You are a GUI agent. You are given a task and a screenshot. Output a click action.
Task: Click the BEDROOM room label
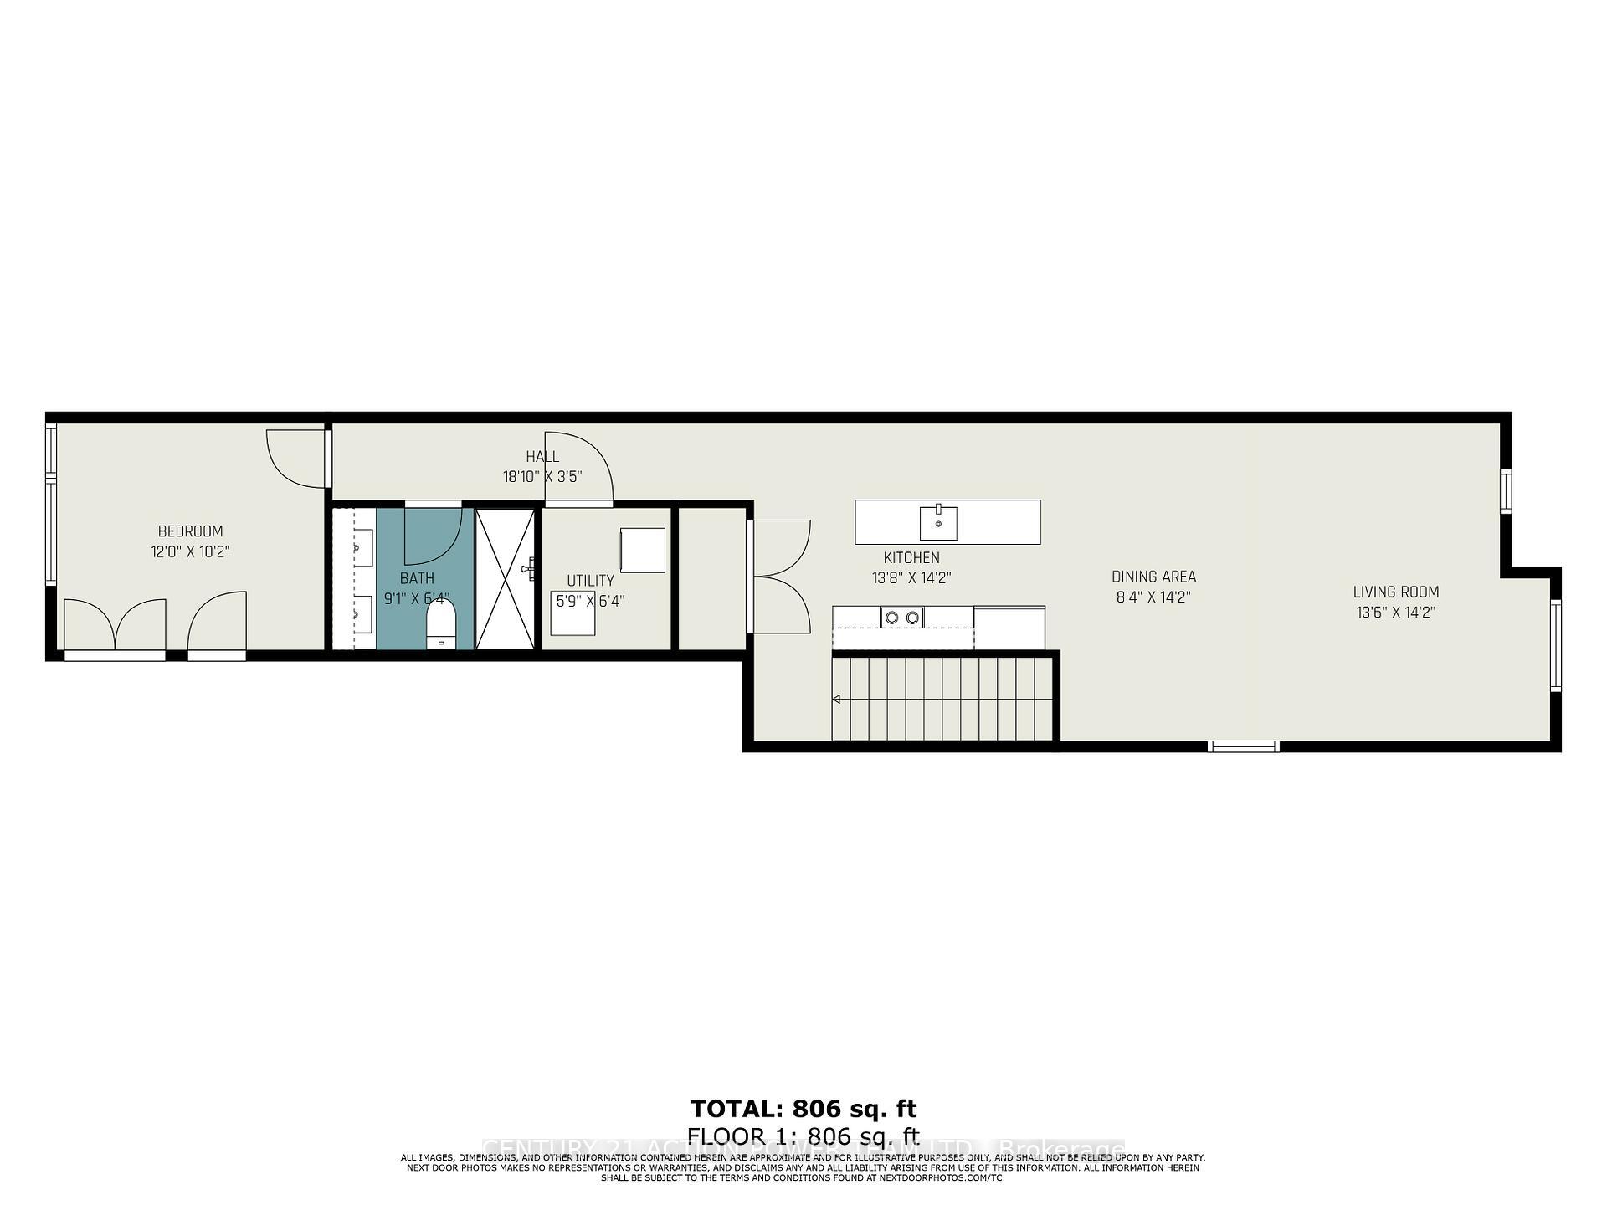coord(190,531)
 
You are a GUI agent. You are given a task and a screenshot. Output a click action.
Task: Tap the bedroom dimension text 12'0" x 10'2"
coord(190,552)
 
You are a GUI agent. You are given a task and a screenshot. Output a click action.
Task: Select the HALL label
coord(542,457)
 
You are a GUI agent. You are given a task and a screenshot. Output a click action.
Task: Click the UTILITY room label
coord(590,581)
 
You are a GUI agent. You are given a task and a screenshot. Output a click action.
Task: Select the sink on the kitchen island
coord(938,523)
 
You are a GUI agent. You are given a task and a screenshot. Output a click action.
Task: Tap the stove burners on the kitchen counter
coord(901,618)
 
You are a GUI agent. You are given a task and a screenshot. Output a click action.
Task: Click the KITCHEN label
coord(911,558)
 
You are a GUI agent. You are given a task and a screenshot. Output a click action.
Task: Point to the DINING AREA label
coord(1153,577)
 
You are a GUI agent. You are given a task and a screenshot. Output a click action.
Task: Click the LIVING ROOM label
coord(1395,592)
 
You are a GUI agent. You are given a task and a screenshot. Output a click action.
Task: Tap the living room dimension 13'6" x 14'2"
coord(1395,613)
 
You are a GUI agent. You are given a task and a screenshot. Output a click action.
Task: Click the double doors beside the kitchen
coord(778,577)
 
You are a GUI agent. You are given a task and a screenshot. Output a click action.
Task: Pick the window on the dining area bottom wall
coord(1245,746)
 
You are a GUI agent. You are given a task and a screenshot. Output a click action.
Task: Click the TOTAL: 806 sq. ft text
coord(803,1109)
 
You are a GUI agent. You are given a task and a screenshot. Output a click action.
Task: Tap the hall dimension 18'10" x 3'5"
coord(542,477)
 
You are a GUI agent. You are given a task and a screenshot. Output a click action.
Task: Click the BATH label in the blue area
coord(417,578)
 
